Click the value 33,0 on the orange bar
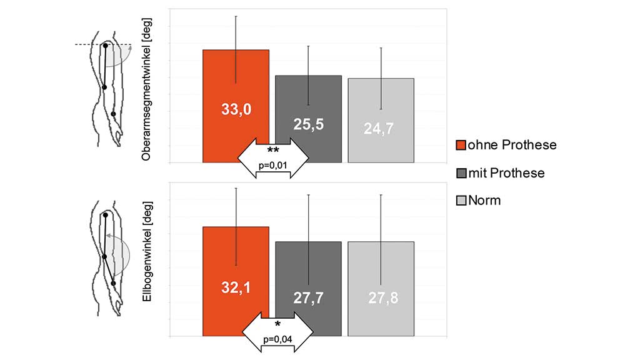pyautogui.click(x=236, y=109)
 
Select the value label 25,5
pyautogui.click(x=309, y=124)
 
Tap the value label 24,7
pyautogui.click(x=381, y=129)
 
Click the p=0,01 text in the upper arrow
pyautogui.click(x=273, y=166)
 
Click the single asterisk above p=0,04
pyautogui.click(x=277, y=324)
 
